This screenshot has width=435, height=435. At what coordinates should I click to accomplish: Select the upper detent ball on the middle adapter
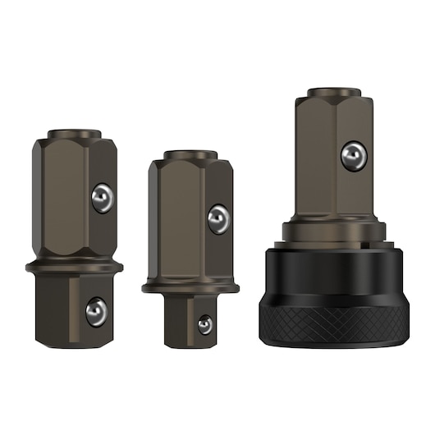coord(218,218)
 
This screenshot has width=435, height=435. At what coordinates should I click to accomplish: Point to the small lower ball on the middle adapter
coord(204,324)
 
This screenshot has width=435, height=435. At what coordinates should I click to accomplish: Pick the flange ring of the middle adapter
coord(190,286)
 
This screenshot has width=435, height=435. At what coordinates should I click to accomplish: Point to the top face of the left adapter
coord(75,133)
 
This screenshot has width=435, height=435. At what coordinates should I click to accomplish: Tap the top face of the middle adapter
coord(190,154)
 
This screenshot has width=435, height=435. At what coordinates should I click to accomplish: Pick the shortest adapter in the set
coord(190,246)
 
